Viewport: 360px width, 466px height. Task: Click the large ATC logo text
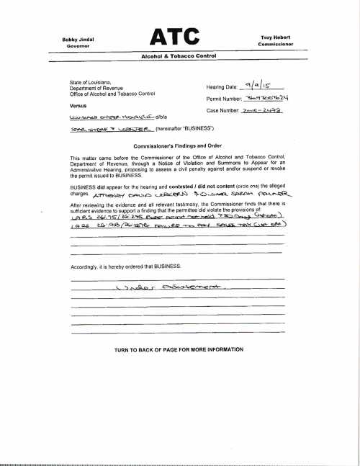tap(179, 37)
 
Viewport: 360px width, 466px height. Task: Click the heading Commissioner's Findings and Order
tap(178, 145)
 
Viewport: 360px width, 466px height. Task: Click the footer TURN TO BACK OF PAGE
tap(178, 349)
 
